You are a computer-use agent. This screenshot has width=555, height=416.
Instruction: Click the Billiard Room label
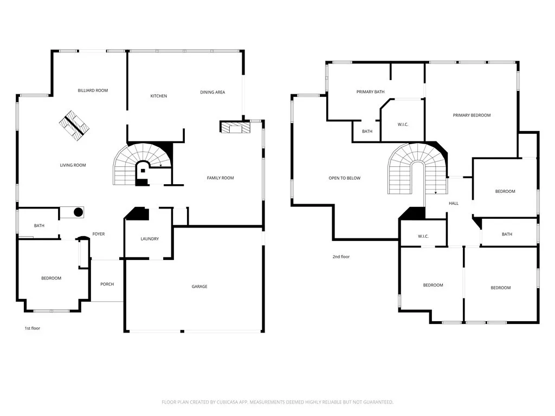93,90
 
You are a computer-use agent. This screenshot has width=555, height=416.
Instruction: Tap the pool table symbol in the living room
74,126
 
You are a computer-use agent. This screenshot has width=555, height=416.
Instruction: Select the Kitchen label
159,96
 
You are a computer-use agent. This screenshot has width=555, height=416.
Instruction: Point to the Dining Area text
212,92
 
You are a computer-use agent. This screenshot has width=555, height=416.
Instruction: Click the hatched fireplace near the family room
235,127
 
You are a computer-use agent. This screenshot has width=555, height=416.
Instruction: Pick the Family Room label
220,178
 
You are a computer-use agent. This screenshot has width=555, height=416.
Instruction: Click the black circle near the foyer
78,212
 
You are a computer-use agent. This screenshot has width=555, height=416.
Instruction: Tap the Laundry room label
150,239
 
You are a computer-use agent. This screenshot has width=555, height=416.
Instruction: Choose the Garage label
199,287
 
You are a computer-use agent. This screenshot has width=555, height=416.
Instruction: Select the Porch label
107,284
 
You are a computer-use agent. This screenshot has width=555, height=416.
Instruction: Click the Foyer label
99,234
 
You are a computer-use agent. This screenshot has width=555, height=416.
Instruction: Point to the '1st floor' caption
32,328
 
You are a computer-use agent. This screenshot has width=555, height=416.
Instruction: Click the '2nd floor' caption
341,257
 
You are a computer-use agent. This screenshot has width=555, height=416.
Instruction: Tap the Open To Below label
344,178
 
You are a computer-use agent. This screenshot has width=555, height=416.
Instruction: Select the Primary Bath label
370,92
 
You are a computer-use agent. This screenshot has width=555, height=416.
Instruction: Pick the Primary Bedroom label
472,115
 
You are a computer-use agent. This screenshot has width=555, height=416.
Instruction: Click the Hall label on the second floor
454,204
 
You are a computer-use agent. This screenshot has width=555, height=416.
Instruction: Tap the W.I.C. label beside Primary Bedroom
403,125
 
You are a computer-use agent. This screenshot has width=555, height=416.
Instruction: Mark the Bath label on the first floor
39,226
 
